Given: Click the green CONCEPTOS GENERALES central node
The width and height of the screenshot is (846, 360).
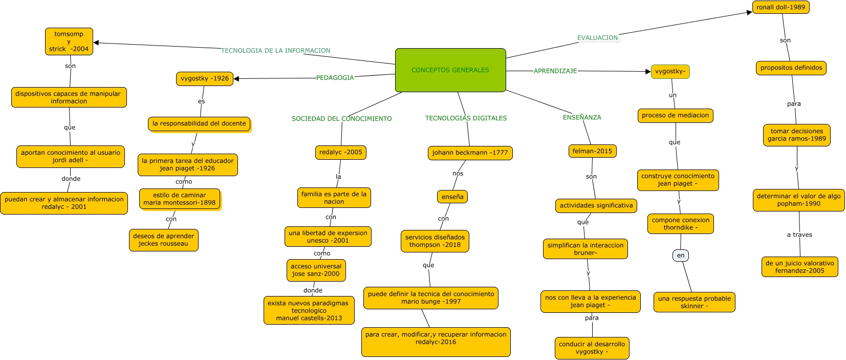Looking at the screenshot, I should [x=450, y=70].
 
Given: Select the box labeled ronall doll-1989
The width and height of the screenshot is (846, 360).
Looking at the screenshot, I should [x=780, y=7].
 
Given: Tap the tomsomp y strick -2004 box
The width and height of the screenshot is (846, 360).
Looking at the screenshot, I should [x=69, y=41].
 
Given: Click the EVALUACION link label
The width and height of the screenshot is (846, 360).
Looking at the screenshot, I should [x=597, y=38].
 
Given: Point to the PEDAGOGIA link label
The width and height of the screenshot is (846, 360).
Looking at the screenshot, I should [x=335, y=78].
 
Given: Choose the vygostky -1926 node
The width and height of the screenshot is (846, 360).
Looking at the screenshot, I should [x=205, y=78].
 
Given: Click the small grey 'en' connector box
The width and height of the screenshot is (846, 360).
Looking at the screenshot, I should [x=681, y=256].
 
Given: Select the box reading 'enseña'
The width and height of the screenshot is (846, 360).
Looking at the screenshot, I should [x=452, y=197].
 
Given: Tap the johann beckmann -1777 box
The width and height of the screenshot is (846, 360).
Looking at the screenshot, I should [x=470, y=153].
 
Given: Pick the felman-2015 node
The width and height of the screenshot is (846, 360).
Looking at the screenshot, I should [x=592, y=151].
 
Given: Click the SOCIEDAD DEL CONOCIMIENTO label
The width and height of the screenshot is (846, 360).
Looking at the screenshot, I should [x=341, y=119].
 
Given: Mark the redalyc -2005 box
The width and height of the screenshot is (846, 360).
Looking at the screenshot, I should [x=340, y=152].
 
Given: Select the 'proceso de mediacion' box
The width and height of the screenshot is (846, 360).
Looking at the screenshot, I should [x=675, y=115].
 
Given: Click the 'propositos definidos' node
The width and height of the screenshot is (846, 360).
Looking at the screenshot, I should [x=791, y=68].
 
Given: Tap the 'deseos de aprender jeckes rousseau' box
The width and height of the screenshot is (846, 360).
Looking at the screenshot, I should [x=163, y=240].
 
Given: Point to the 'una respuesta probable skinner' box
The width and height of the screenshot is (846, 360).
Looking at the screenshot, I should [x=694, y=302].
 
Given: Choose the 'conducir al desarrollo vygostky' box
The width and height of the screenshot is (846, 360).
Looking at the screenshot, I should [x=592, y=348].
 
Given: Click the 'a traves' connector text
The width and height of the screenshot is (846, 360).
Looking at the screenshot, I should [x=799, y=235].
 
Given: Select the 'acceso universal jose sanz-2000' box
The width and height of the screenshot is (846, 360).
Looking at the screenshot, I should [x=316, y=270].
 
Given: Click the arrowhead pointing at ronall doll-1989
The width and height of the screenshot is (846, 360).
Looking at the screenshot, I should [x=749, y=12].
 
